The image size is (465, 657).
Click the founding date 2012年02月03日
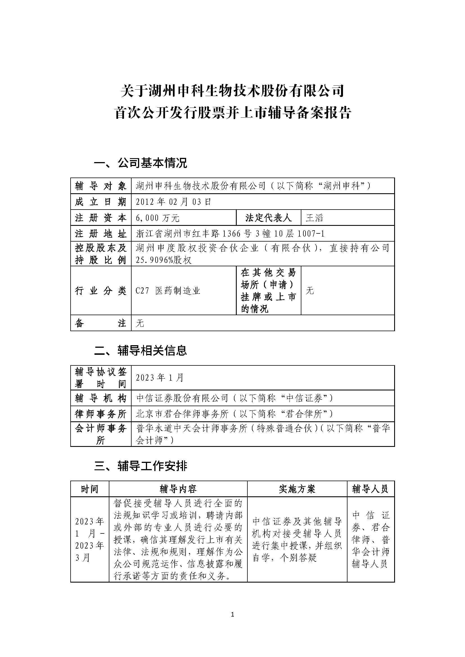173,202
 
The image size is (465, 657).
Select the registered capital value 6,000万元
157,218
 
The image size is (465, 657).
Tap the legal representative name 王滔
314,218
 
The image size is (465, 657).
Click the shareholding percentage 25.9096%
155,260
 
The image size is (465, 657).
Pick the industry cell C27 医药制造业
168,291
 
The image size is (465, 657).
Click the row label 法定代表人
268,218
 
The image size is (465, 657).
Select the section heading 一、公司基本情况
140,163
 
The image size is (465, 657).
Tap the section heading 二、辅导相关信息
140,351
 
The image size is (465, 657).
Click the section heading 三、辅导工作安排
140,466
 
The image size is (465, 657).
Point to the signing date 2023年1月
159,378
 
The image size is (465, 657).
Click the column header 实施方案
297,489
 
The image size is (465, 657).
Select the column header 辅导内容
178,489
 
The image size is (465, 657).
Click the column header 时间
90,489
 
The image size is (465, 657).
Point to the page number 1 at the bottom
233,614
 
